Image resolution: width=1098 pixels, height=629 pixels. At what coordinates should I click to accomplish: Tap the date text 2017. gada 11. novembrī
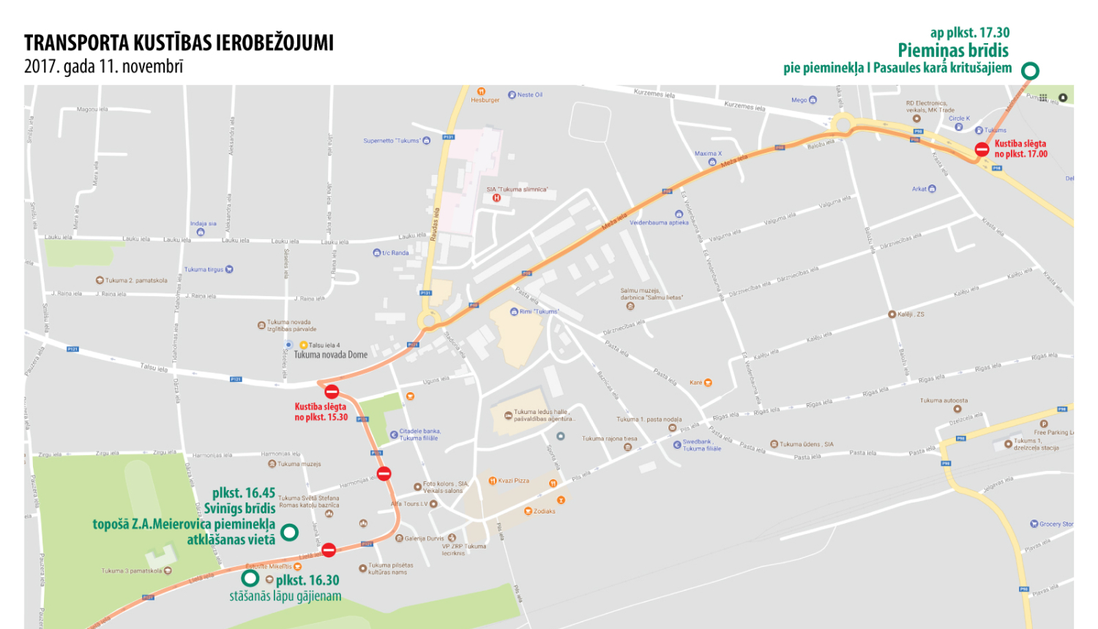[x=103, y=67]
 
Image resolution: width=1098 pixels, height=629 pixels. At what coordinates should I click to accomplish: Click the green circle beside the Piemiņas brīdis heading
[x=1030, y=71]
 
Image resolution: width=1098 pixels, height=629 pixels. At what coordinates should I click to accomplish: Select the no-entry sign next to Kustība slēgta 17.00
[x=982, y=150]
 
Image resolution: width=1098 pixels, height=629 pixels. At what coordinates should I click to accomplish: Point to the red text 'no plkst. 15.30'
[x=321, y=417]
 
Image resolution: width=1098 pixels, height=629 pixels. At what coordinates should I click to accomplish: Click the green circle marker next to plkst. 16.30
[x=250, y=579]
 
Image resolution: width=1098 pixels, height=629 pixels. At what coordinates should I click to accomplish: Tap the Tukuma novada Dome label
[x=330, y=355]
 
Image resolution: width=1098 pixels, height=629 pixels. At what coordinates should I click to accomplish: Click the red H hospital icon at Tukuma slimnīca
[x=496, y=197]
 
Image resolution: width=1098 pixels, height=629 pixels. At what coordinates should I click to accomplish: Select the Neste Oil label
[x=529, y=94]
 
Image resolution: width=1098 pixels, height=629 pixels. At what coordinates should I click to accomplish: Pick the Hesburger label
[x=485, y=100]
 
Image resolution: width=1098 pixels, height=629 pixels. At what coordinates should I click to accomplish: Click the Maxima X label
[x=708, y=154]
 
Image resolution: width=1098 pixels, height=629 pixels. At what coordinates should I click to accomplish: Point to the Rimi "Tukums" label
[x=539, y=312]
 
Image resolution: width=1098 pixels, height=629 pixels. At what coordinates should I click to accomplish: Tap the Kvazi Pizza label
[x=513, y=481]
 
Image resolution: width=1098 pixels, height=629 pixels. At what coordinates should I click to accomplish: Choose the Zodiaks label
[x=544, y=511]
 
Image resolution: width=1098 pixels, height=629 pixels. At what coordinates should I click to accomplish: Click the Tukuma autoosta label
[x=944, y=401]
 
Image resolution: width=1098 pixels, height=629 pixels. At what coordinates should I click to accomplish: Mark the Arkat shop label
[x=919, y=189]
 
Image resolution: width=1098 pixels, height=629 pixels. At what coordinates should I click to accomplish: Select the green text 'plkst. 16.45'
[x=244, y=493]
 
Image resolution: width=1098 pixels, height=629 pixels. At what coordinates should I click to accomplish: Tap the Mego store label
[x=799, y=100]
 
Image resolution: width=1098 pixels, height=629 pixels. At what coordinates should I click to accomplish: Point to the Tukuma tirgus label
[x=203, y=269]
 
